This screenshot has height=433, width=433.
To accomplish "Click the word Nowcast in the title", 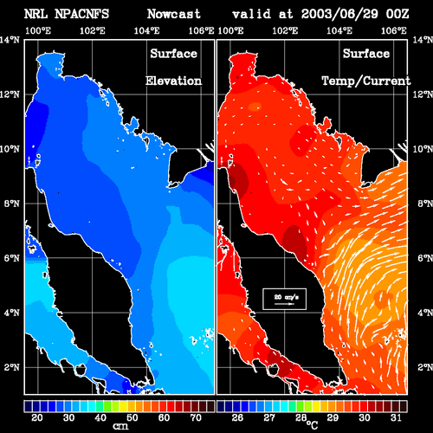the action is click(x=174, y=14).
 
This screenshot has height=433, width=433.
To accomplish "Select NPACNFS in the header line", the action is click(x=81, y=14).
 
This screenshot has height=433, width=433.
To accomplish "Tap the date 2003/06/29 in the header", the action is click(x=339, y=14).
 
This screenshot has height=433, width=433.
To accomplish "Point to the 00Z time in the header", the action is click(x=397, y=14).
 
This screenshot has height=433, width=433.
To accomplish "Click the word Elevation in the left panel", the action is click(x=173, y=81).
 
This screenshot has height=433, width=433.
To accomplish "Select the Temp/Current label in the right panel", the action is click(x=366, y=81).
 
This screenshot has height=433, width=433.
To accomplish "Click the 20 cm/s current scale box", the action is click(x=284, y=299).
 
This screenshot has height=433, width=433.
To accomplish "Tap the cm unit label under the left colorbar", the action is click(x=120, y=426).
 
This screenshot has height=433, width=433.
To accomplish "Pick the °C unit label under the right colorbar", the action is click(x=312, y=424).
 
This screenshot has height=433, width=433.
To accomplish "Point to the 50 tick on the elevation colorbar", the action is click(x=132, y=417).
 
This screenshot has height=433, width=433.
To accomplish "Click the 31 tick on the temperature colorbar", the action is click(x=396, y=417).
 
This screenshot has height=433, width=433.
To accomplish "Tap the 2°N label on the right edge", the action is click(x=425, y=367).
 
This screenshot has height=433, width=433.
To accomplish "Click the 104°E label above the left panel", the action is click(x=146, y=30).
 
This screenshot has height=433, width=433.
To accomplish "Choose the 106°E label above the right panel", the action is click(x=394, y=30).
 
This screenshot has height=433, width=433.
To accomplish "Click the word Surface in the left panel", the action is click(x=173, y=54).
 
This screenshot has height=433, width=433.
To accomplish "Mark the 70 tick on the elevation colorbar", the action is click(x=196, y=417).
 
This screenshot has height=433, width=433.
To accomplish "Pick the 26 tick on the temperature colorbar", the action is click(x=237, y=417).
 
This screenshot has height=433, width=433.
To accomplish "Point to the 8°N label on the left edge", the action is click(x=12, y=204).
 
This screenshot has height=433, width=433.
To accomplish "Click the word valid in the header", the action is click(x=252, y=14).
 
